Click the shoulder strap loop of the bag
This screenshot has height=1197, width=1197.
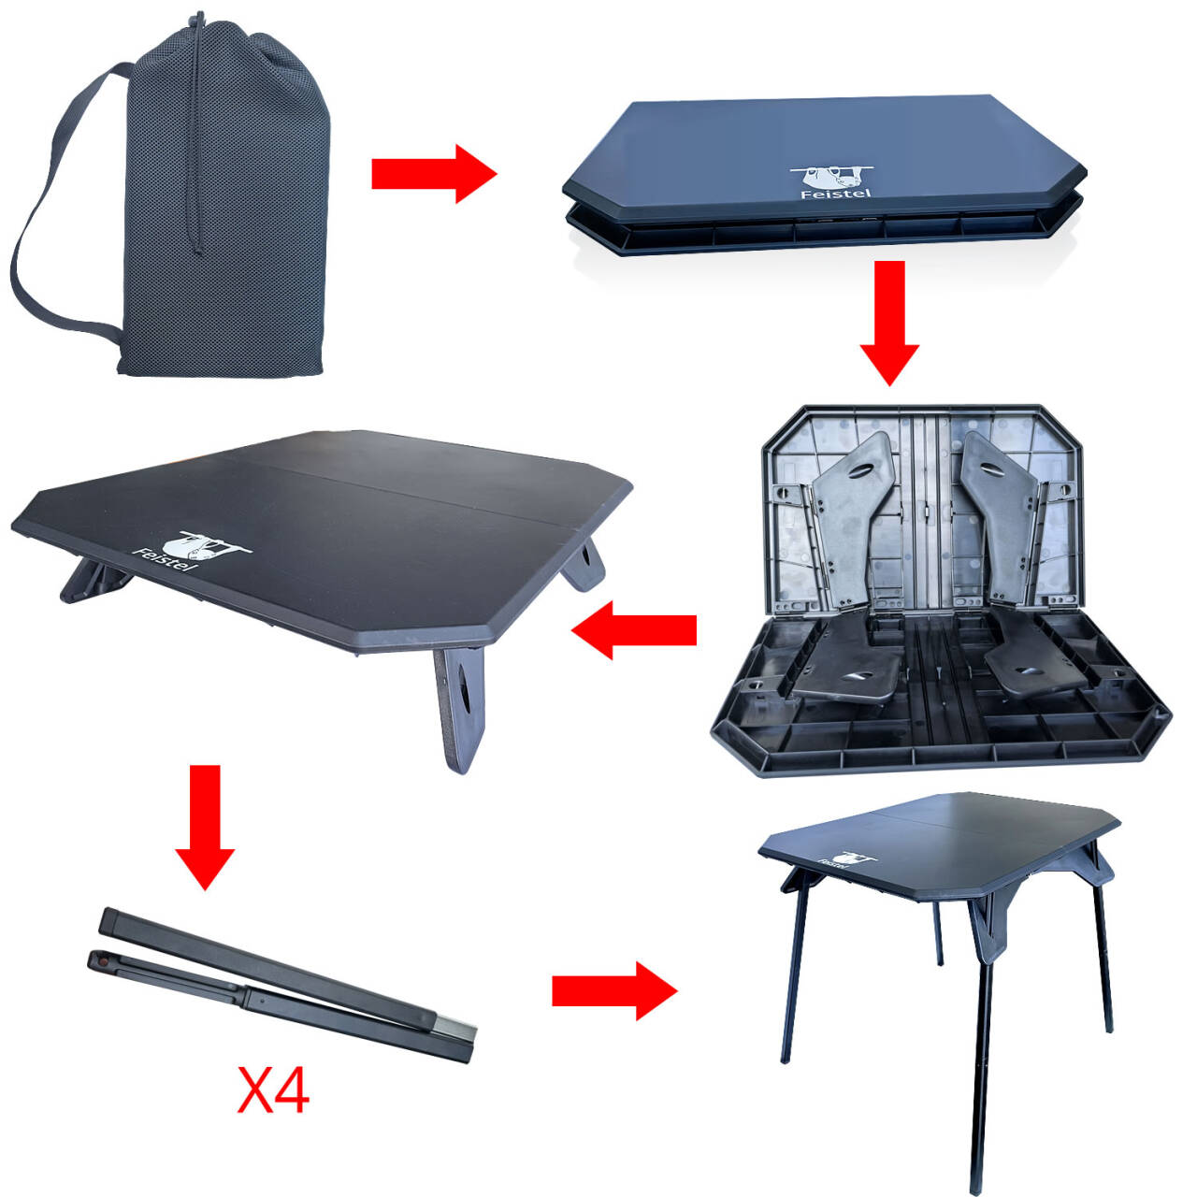62,205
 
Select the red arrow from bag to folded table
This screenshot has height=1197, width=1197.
434,174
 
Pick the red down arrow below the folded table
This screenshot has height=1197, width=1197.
889,323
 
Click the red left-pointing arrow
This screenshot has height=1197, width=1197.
634,630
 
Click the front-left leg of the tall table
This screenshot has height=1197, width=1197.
794,969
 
